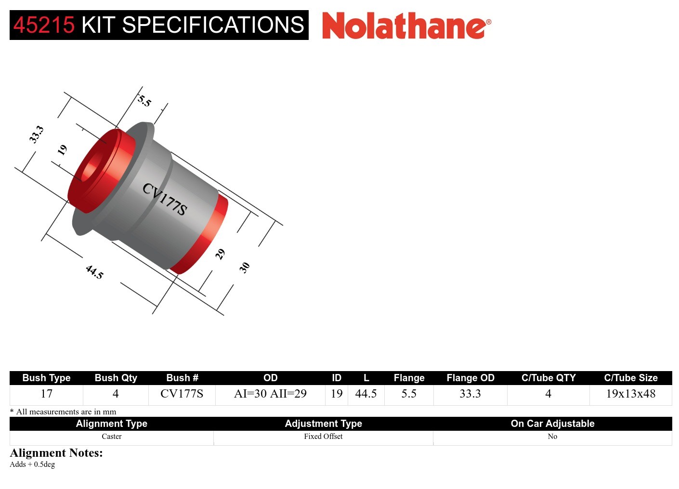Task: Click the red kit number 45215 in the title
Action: point(44,25)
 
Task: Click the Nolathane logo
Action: point(406,26)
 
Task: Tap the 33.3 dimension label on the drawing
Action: point(36,134)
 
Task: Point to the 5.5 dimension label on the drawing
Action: point(144,101)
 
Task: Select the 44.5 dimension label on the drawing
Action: point(94,272)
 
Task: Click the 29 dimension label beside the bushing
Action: point(220,254)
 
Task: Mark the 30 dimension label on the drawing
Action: point(245,268)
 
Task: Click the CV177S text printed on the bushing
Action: point(165,199)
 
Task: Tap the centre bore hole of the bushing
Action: point(91,168)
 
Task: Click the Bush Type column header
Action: point(46,378)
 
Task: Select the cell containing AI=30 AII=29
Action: point(270,394)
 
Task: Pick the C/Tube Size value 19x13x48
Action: point(630,394)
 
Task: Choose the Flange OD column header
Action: point(470,378)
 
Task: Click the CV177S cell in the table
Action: point(182,394)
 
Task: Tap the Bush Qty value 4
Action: point(116,394)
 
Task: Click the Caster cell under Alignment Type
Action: point(111,437)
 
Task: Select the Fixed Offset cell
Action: point(323,437)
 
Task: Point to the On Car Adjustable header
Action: point(552,424)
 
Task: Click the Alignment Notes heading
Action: point(56,453)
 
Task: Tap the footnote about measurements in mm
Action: point(63,412)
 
